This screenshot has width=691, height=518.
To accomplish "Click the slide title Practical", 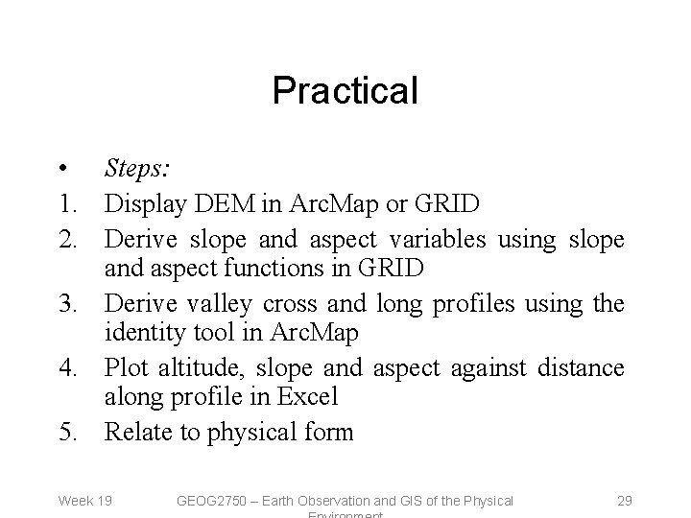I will coord(345,91).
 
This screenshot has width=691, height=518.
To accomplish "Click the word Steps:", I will coord(137,171).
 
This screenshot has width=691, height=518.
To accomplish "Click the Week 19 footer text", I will coord(85,501).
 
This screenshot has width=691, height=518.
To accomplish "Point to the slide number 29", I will coord(623,501).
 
